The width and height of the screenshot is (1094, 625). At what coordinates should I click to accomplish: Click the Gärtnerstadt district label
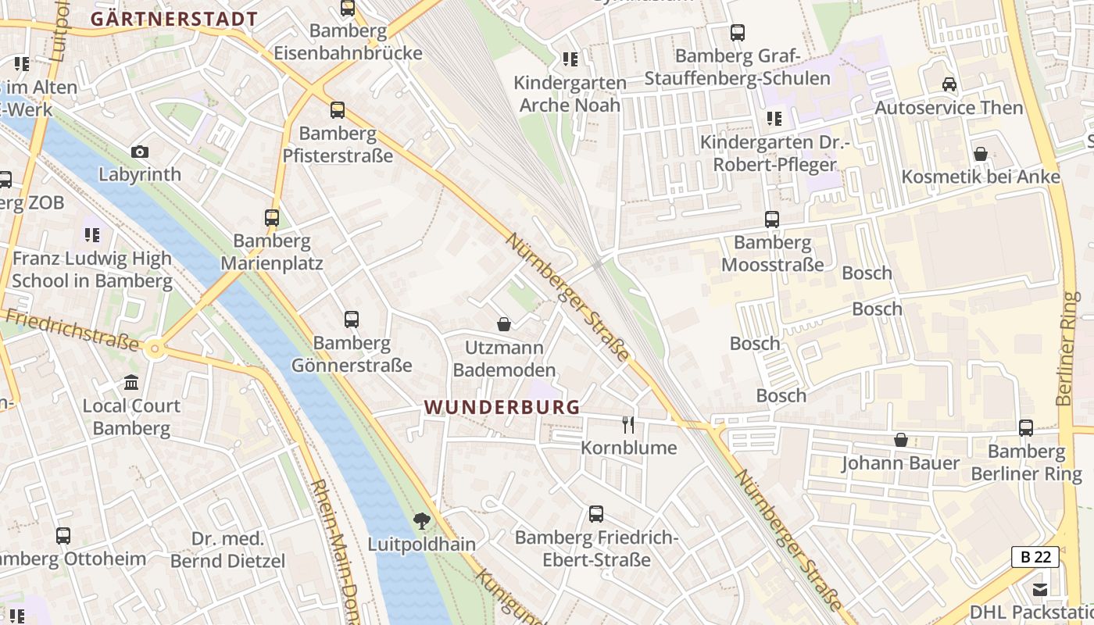click(x=173, y=19)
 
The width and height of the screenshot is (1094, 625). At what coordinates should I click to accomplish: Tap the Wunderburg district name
click(x=502, y=407)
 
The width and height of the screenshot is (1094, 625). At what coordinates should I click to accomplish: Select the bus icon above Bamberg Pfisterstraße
click(x=338, y=110)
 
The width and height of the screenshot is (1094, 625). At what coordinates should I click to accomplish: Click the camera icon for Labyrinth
click(x=140, y=152)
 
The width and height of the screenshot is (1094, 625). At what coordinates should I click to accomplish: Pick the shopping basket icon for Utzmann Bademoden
click(x=504, y=323)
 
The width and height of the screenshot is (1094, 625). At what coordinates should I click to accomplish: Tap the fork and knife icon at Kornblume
click(x=628, y=424)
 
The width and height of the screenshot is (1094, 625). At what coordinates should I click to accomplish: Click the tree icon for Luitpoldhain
click(x=422, y=520)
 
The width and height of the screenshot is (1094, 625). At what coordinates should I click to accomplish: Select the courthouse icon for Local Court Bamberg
click(x=131, y=383)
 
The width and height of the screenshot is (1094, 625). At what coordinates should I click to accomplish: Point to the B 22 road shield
click(x=1035, y=557)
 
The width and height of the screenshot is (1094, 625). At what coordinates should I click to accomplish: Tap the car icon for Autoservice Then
click(x=949, y=84)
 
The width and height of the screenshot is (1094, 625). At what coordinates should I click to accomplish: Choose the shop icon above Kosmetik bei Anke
click(x=981, y=154)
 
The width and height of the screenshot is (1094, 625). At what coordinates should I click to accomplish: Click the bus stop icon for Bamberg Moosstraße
click(x=772, y=220)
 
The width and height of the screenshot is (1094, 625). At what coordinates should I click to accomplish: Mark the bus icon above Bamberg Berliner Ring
click(x=1026, y=428)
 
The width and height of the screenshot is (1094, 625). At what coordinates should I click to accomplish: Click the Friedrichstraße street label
click(x=70, y=330)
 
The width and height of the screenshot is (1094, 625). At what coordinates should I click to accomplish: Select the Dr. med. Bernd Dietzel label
click(x=228, y=550)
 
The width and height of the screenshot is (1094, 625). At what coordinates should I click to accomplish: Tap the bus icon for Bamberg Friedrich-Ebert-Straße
click(x=596, y=514)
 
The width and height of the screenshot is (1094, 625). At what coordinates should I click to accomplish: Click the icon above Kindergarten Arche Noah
click(x=570, y=59)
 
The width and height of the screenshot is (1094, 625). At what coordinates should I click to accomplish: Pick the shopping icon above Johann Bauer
click(x=901, y=440)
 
